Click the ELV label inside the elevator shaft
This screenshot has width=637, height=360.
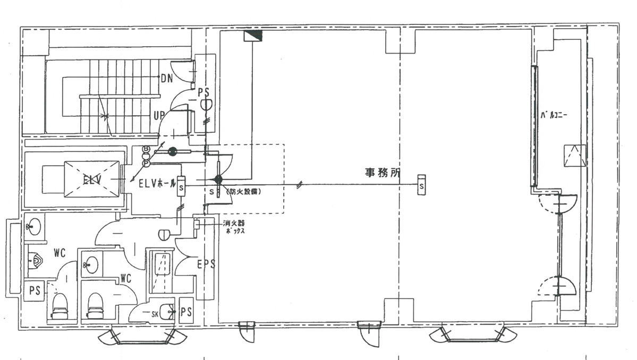coord(92,178)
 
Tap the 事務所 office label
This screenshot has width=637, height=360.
coord(381,173)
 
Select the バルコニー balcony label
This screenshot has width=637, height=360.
coord(554,114)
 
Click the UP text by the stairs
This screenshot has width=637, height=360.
coord(159,115)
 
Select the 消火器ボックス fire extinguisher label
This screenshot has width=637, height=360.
coord(234,227)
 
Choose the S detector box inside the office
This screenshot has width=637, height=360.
coord(421,185)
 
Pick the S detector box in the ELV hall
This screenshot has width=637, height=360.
coord(181,186)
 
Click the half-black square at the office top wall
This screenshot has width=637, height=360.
coord(253,36)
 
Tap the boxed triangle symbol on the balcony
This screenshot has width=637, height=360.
coord(575,156)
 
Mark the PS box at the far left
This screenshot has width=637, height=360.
coord(34,291)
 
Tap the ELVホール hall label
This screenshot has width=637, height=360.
coord(157,184)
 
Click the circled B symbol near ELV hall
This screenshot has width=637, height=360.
coord(146,149)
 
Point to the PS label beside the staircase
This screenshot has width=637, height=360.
coord(204,92)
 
